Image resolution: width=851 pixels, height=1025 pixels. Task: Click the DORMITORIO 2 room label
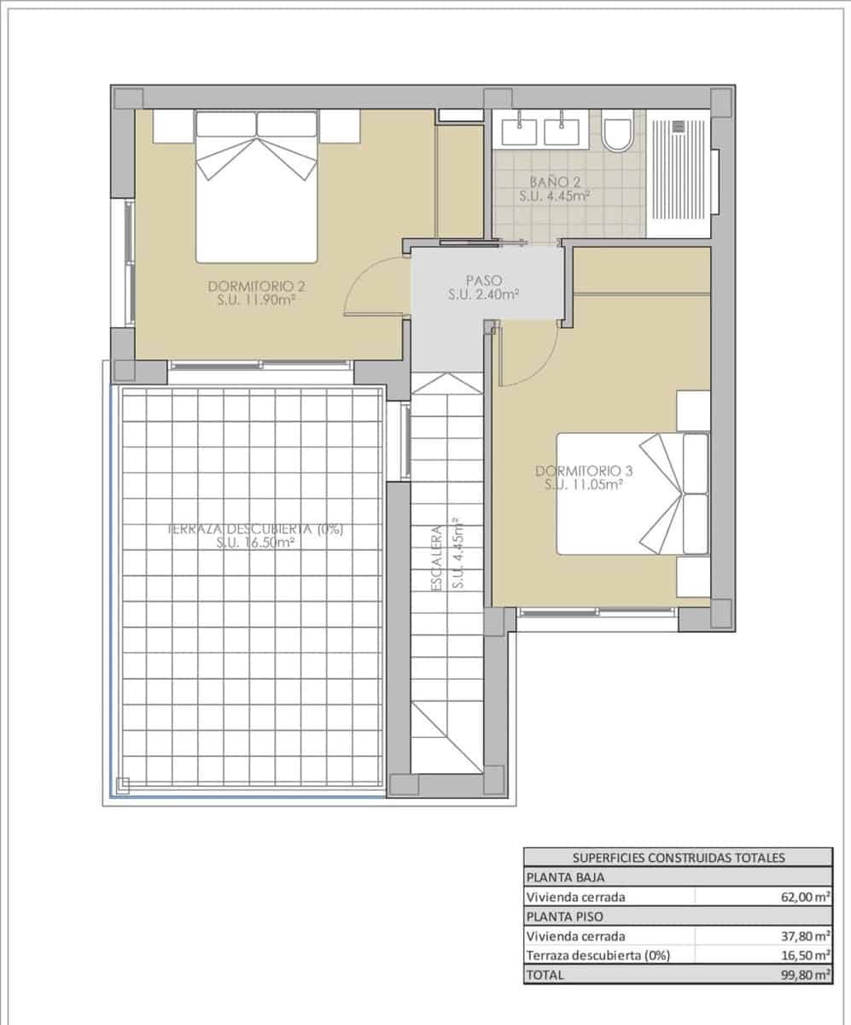click(x=257, y=292)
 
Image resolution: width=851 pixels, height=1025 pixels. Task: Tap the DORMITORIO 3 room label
click(x=584, y=477)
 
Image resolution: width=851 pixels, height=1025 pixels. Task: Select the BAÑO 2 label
click(x=555, y=189)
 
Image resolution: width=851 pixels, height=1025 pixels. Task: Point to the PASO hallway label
click(x=484, y=287)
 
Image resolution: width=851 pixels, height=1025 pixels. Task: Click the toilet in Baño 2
click(x=616, y=132)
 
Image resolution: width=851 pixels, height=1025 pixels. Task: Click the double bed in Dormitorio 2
click(x=256, y=186)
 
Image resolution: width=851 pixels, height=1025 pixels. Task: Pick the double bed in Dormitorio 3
click(x=632, y=493)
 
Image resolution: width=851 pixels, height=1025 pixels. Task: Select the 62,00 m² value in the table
click(x=805, y=897)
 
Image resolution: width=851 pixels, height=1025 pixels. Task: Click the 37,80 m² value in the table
click(x=805, y=936)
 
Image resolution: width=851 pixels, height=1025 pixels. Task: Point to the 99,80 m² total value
click(x=805, y=974)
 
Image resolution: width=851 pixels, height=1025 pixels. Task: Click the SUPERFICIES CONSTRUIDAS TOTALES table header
click(x=678, y=858)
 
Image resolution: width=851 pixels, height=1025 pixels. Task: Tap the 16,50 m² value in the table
click(x=805, y=955)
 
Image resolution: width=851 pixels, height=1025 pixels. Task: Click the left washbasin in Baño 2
click(x=519, y=132)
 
